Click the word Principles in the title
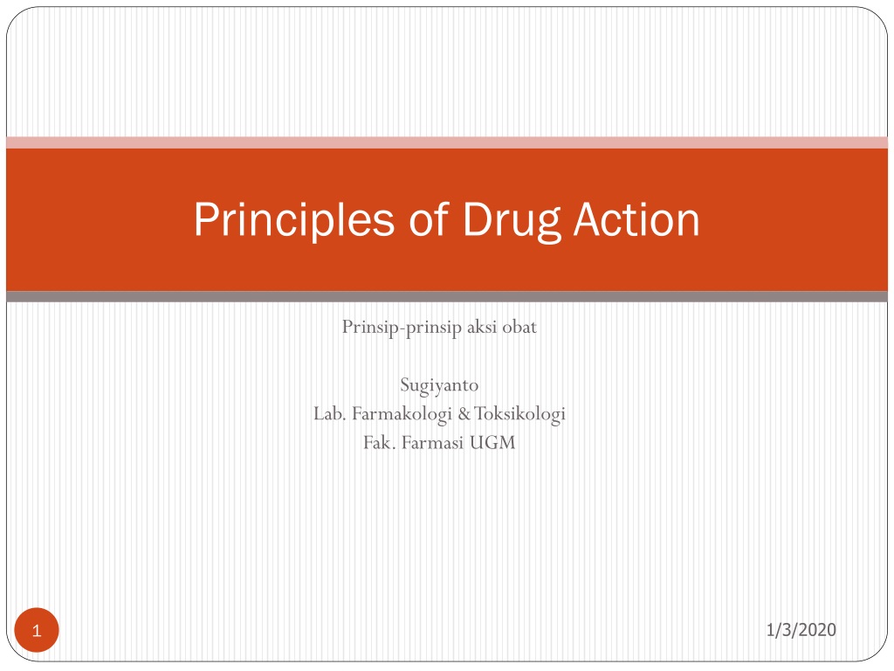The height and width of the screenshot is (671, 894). pyautogui.click(x=294, y=220)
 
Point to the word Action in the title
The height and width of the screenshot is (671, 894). pyautogui.click(x=636, y=218)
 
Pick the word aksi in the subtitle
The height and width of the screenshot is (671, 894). pyautogui.click(x=482, y=327)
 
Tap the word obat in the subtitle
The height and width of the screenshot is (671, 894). pyautogui.click(x=519, y=327)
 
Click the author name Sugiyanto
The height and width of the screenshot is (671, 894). pyautogui.click(x=439, y=385)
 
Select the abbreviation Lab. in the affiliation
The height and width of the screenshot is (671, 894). pyautogui.click(x=329, y=413)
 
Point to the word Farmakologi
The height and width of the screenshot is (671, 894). pyautogui.click(x=402, y=414)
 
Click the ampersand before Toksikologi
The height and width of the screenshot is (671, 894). pyautogui.click(x=464, y=413)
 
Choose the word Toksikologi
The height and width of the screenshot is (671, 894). pyautogui.click(x=519, y=414)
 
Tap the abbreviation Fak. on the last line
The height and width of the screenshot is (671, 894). pyautogui.click(x=380, y=442)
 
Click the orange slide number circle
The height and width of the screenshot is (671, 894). pyautogui.click(x=37, y=630)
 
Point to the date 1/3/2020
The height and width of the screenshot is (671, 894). pyautogui.click(x=801, y=630)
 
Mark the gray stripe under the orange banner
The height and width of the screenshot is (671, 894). pyautogui.click(x=447, y=297)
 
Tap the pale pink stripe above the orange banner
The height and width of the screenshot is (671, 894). pyautogui.click(x=447, y=142)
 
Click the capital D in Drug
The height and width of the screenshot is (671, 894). pyautogui.click(x=478, y=218)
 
